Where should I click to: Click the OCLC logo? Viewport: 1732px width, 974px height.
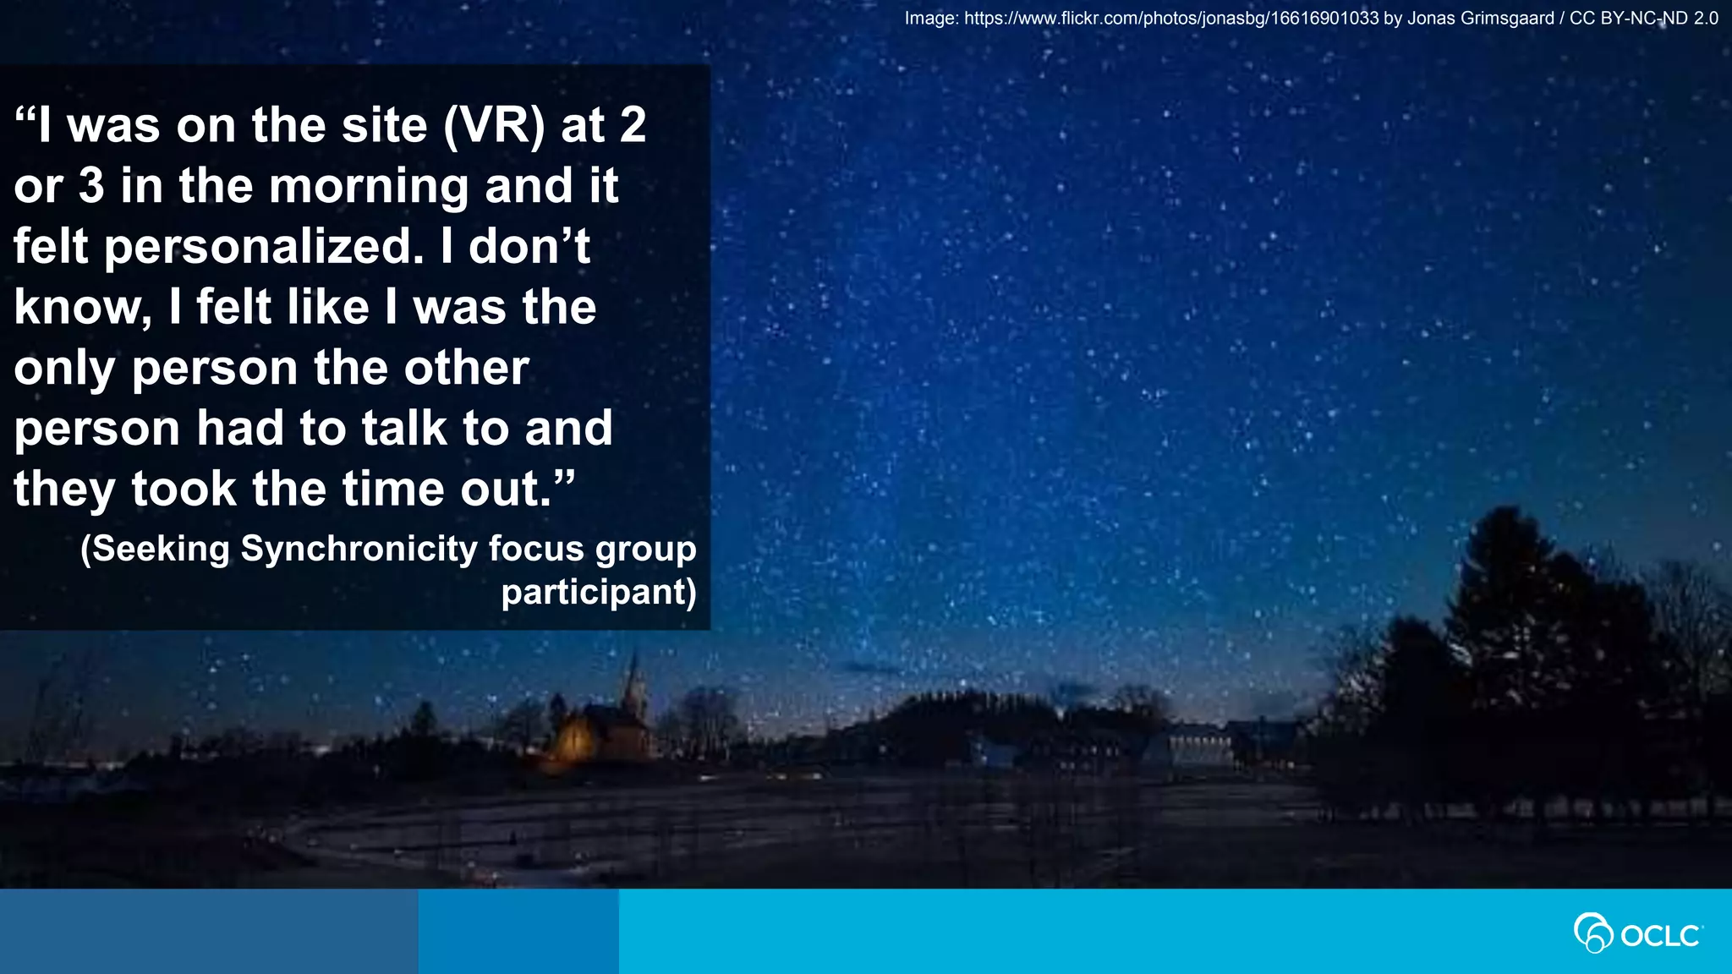[x=1638, y=933]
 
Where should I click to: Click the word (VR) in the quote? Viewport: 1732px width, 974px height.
[x=495, y=126]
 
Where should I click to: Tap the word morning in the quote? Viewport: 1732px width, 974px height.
[x=369, y=187]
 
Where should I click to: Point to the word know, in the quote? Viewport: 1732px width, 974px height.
[x=83, y=308]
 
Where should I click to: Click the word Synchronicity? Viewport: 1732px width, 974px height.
[x=359, y=549]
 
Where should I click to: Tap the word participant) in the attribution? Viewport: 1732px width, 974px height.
[x=599, y=592]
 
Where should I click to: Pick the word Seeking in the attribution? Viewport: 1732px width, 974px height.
[x=155, y=549]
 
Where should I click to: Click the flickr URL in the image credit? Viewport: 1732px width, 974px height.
[x=1171, y=19]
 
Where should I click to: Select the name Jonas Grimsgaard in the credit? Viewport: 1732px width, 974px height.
[x=1480, y=19]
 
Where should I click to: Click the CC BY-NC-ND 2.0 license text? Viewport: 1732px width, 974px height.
[x=1643, y=19]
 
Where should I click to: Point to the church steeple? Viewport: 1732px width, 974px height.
[x=633, y=676]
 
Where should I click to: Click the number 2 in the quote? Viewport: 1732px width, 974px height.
[x=633, y=126]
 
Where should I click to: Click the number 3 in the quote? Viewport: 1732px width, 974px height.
[x=91, y=187]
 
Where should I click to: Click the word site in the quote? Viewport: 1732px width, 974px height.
[x=384, y=126]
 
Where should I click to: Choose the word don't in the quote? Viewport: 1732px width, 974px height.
[x=529, y=247]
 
